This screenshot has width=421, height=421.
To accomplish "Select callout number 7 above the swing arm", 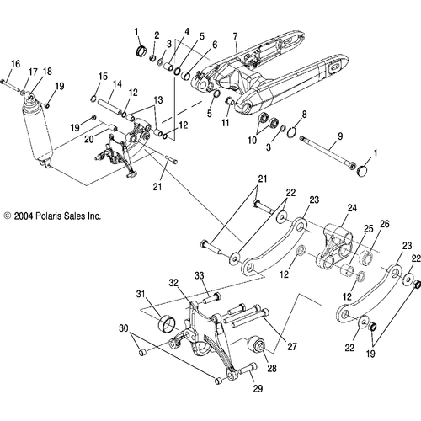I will tap(235, 36).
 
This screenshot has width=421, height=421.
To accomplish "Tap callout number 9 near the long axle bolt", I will tap(339, 135).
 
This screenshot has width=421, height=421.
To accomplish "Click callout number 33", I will tap(200, 275).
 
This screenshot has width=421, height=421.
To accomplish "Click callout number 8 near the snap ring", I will tap(304, 114).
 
